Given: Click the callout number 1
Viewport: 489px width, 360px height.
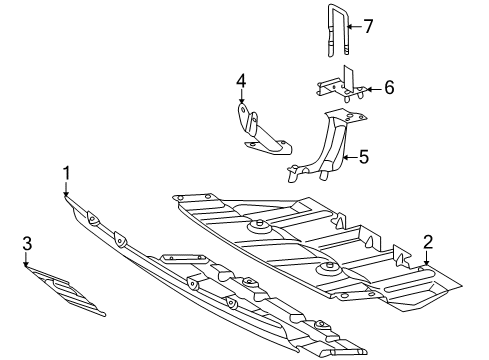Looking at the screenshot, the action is coord(67,173).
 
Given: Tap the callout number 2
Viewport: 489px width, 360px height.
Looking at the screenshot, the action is coord(428,242).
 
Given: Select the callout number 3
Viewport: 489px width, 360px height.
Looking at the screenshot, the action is coord(27,243).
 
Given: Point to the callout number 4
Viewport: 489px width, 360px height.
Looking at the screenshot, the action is coord(241,81).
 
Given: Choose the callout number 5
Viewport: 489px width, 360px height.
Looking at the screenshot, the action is coord(364,157).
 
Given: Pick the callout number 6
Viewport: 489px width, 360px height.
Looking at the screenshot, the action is coord(389,88).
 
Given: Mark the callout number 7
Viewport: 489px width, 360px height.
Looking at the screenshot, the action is coord(368,26).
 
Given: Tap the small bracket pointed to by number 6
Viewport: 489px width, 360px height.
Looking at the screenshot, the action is coord(341,87).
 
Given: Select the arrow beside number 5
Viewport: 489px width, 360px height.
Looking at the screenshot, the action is coord(350,157).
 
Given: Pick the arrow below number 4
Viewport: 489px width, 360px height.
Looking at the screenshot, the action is coord(241,96).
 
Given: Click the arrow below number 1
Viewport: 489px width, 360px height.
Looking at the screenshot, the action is coord(66,189).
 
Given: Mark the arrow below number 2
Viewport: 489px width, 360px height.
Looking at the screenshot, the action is coord(426,258).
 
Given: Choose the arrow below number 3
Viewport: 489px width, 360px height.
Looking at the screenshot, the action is coord(26,259).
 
